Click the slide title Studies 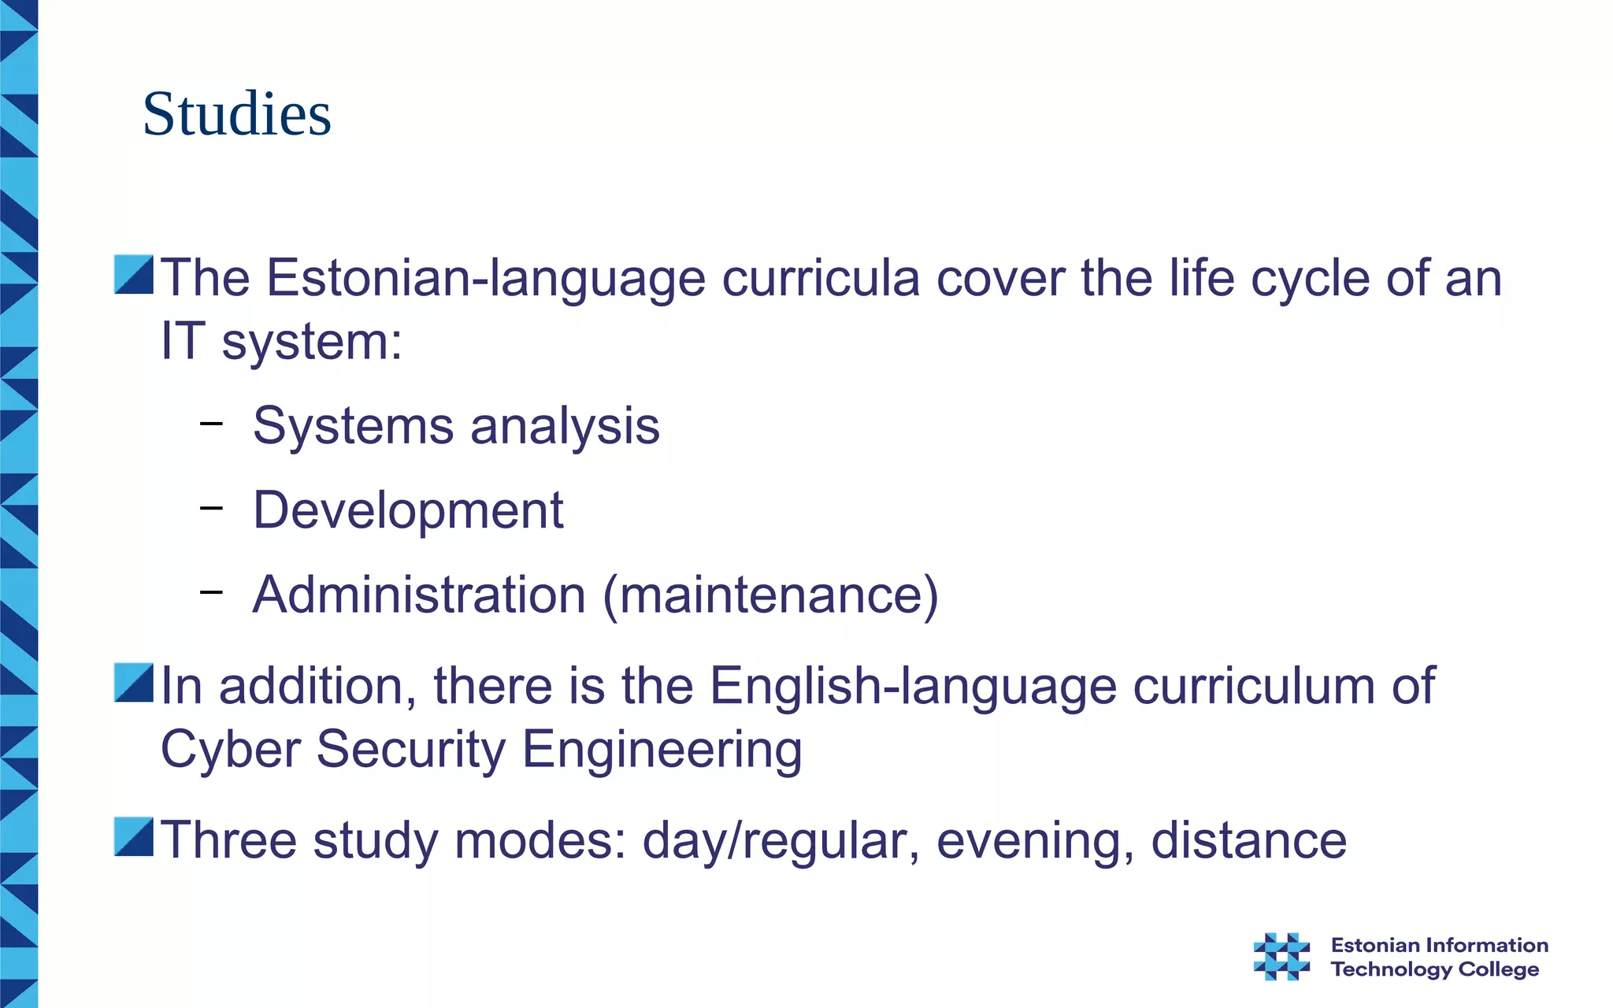(x=236, y=114)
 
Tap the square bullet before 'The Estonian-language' (x=133, y=275)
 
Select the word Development (x=407, y=510)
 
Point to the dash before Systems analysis (x=211, y=424)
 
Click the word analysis (x=565, y=426)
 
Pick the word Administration (x=419, y=595)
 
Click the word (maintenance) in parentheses (x=770, y=595)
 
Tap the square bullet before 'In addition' (x=133, y=683)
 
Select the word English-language (x=913, y=686)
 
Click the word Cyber (x=230, y=749)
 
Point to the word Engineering (x=662, y=750)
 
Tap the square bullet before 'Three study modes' (x=133, y=836)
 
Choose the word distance (x=1248, y=840)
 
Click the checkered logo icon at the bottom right (x=1281, y=956)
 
